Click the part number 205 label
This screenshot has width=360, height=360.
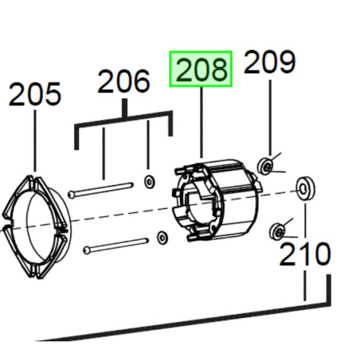tap(35, 94)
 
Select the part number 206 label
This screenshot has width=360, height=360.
tap(123, 81)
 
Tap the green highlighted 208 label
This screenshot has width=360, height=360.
tap(201, 69)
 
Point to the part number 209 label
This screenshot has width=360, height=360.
tap(269, 62)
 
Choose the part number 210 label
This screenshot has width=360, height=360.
tap(305, 254)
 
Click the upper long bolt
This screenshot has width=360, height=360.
tap(100, 190)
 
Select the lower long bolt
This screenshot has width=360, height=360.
tap(116, 246)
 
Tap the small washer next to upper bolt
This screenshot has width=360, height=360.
tap(149, 182)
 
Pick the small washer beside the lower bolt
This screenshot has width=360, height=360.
tap(162, 238)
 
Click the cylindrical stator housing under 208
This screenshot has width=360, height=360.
tap(216, 200)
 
